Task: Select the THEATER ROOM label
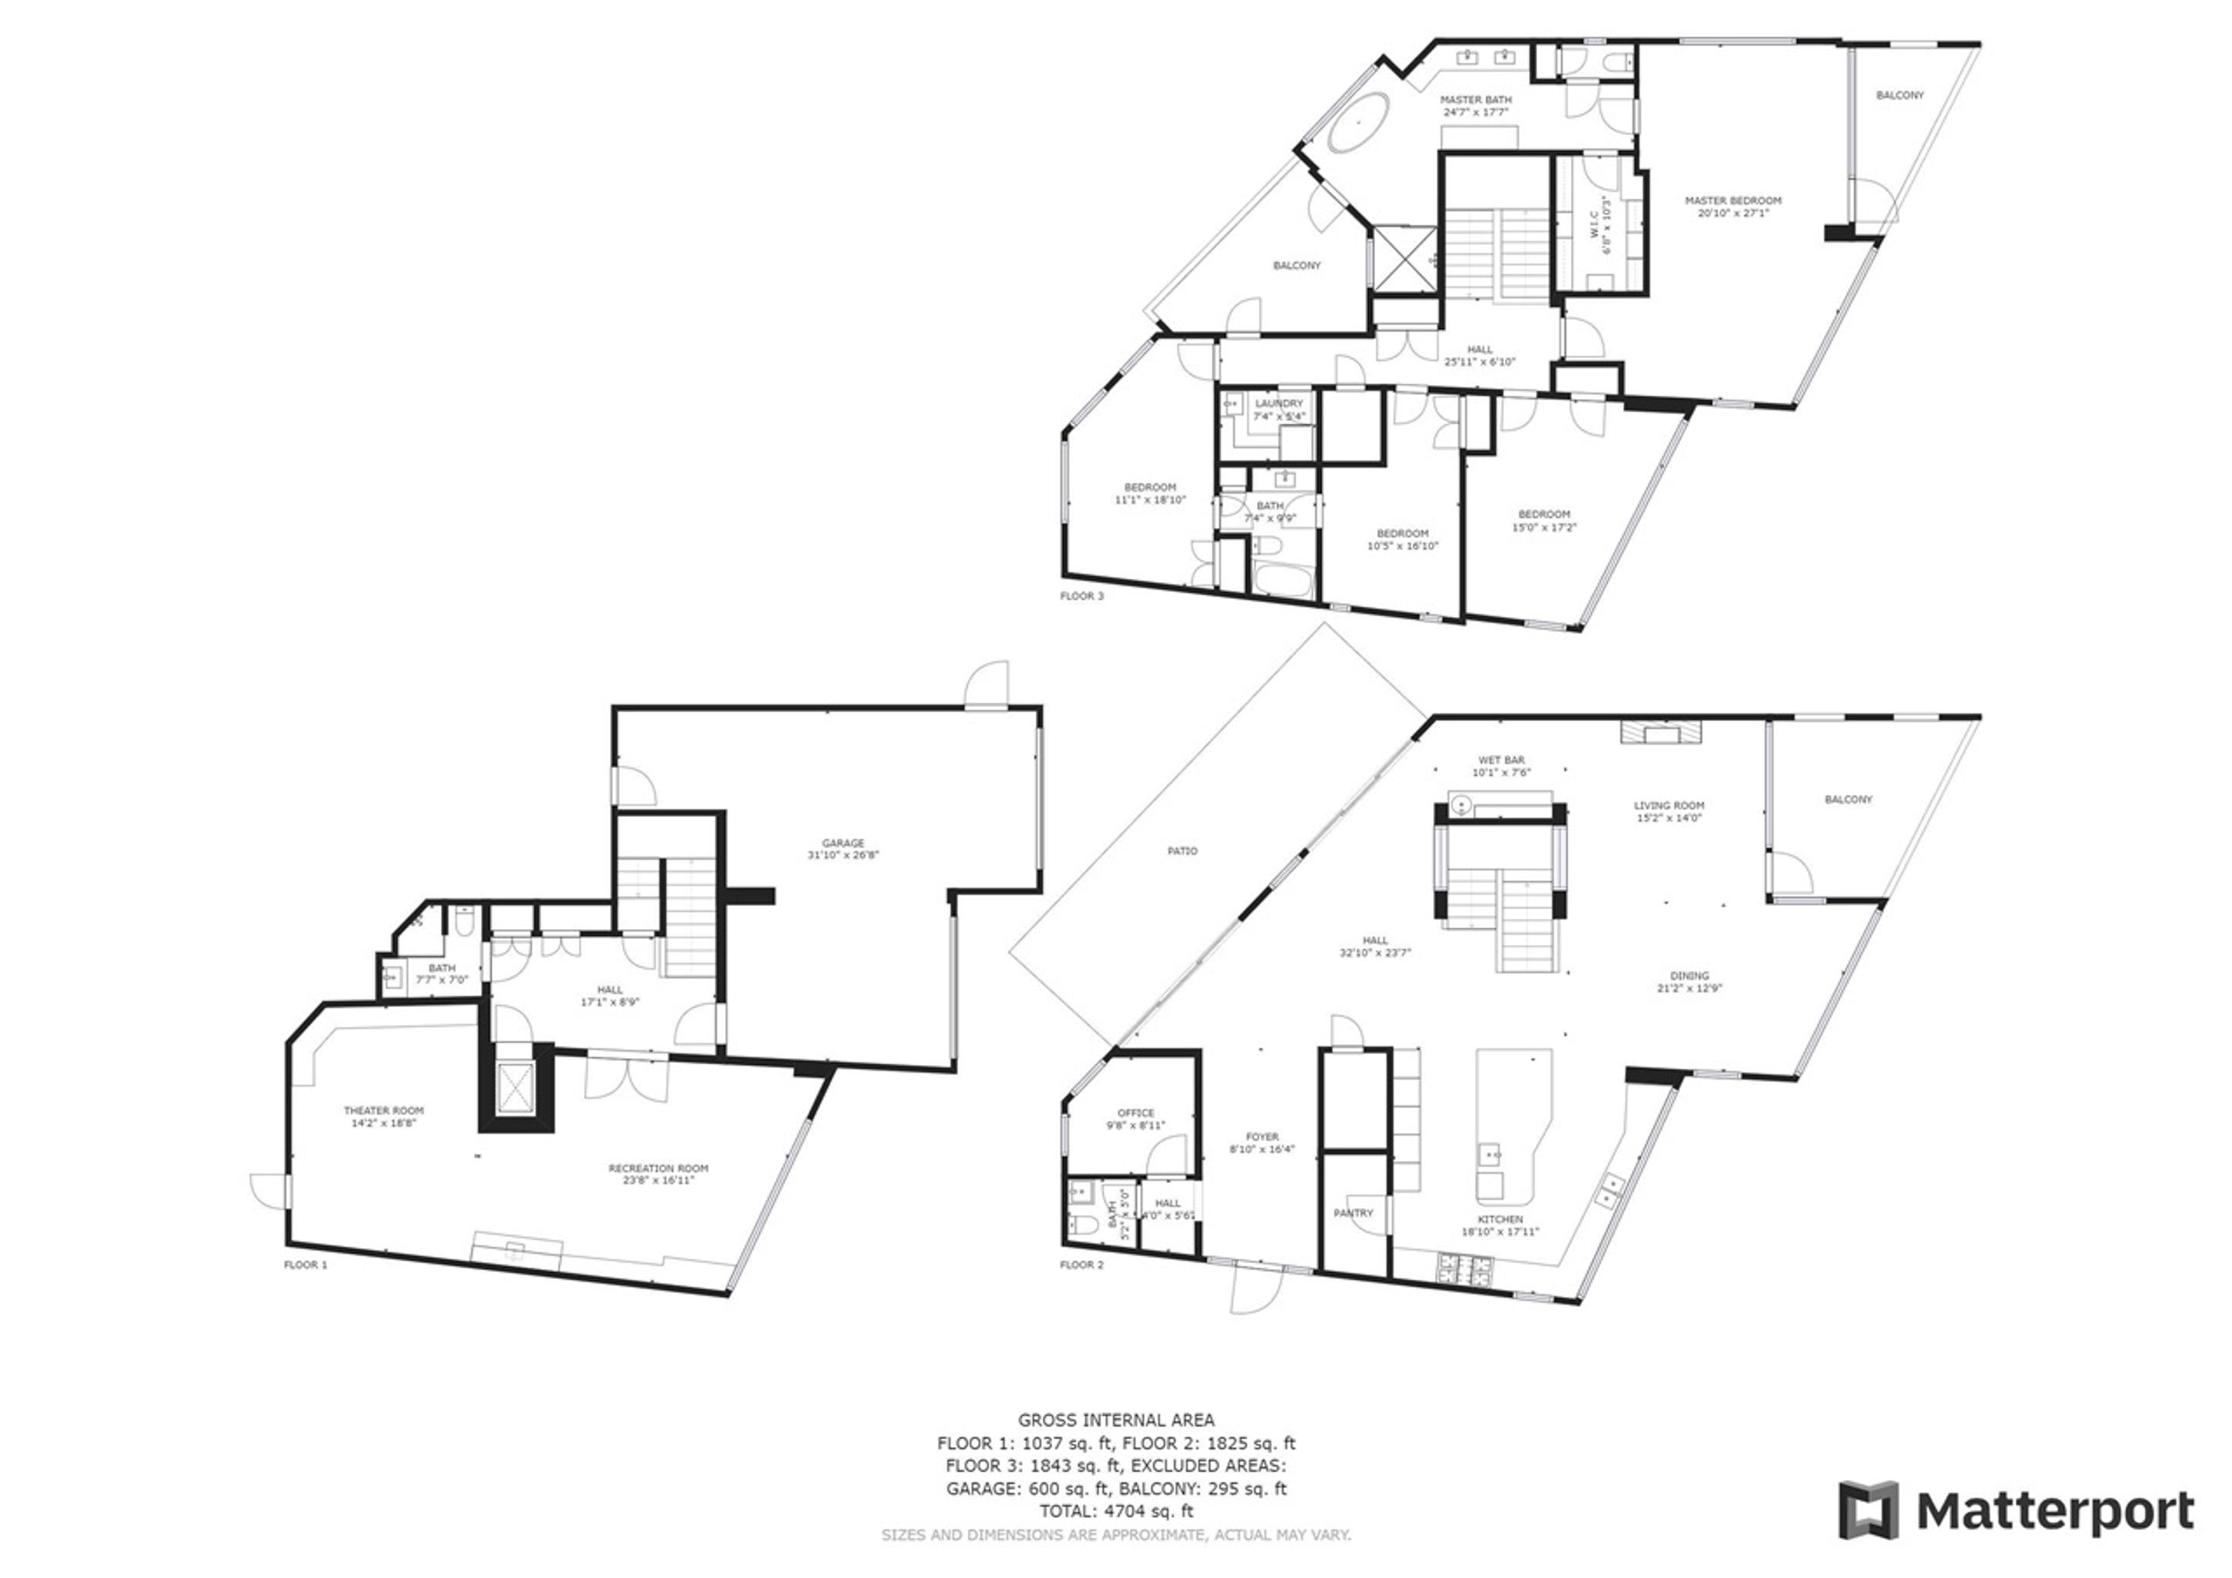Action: tap(383, 1110)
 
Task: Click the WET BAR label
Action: tap(1501, 760)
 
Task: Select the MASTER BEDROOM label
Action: tap(1732, 201)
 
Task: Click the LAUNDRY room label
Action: tap(1278, 403)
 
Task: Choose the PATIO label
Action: tap(1182, 851)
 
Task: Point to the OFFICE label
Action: tap(1135, 1113)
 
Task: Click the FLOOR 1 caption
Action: tap(305, 1265)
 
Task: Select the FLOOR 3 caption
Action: tap(1081, 596)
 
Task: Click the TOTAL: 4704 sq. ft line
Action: tap(1116, 1512)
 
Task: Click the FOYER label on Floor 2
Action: tap(1262, 1137)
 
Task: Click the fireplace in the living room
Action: tap(1661, 732)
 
